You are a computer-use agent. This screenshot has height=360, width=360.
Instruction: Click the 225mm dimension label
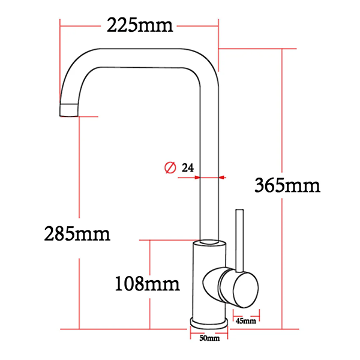pyautogui.click(x=139, y=25)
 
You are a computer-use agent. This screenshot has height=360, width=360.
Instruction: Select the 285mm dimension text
pyautogui.click(x=77, y=233)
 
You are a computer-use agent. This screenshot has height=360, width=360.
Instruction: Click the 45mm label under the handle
pyautogui.click(x=246, y=321)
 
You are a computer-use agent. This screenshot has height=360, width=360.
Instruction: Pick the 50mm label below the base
pyautogui.click(x=209, y=338)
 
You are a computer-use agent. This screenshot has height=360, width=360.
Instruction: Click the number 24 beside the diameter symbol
pyautogui.click(x=187, y=169)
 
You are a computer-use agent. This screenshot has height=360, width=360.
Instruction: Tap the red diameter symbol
pyautogui.click(x=170, y=169)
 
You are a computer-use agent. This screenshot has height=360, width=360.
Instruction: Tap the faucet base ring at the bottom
pyautogui.click(x=209, y=322)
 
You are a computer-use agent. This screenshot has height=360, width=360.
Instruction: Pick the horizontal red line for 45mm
pyautogui.click(x=246, y=313)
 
